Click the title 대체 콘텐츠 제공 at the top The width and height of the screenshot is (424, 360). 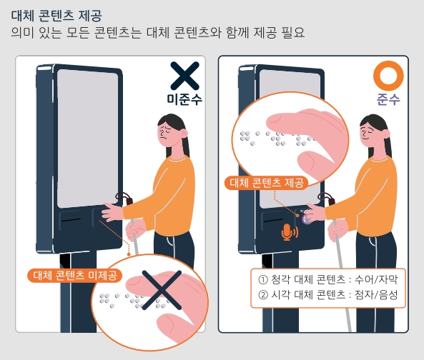(x=56, y=14)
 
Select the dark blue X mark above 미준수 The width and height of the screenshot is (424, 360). (x=184, y=76)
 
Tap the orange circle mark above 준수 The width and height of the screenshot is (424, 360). (x=389, y=76)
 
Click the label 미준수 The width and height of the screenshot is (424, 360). (x=184, y=100)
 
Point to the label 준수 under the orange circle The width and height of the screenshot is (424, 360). (x=389, y=100)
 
